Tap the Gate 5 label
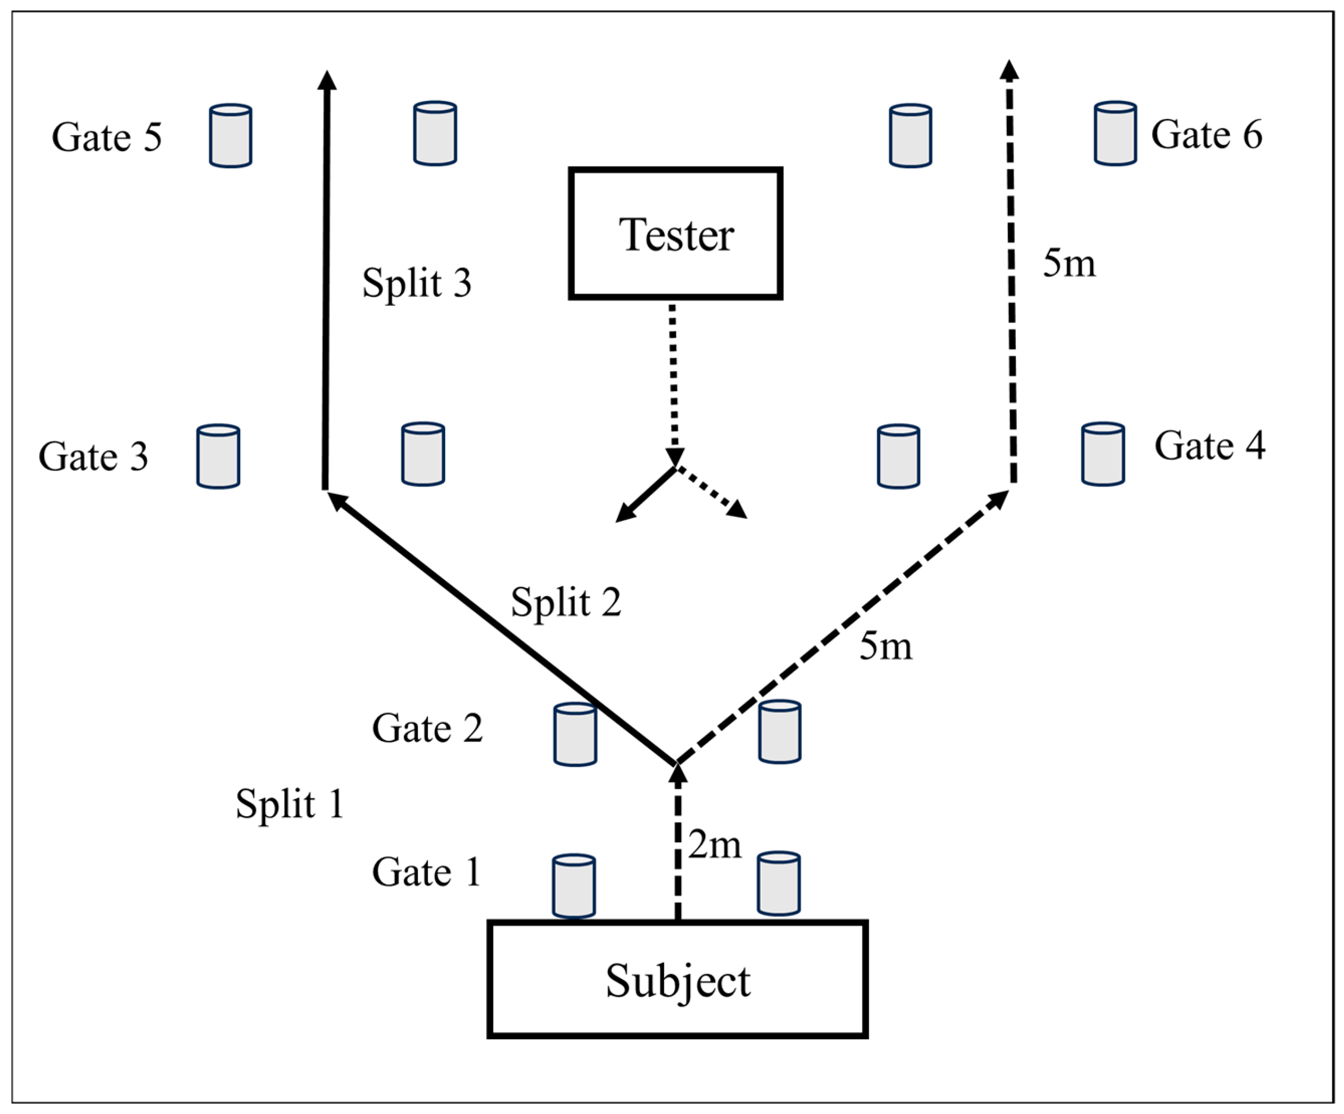pyautogui.click(x=107, y=137)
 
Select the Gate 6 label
pyautogui.click(x=1206, y=135)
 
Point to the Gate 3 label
pyautogui.click(x=93, y=456)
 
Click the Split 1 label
pyautogui.click(x=290, y=804)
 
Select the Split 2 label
pyautogui.click(x=566, y=602)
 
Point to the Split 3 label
pyautogui.click(x=417, y=283)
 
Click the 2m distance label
pyautogui.click(x=715, y=846)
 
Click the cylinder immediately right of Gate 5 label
pyautogui.click(x=231, y=136)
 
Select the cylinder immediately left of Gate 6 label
pyautogui.click(x=1116, y=133)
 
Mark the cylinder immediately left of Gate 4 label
pyautogui.click(x=1103, y=454)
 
